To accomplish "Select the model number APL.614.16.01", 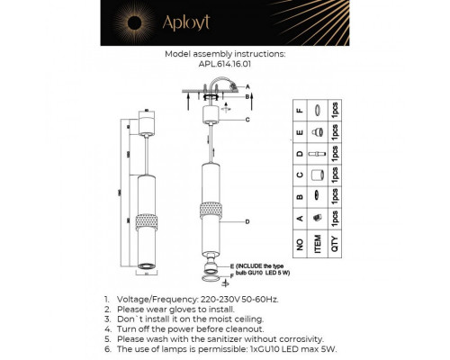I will [x=226, y=64].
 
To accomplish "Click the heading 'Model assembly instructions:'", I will [x=226, y=54].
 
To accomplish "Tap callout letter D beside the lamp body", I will [x=246, y=220].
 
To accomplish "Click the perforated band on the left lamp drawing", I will [x=145, y=221].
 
